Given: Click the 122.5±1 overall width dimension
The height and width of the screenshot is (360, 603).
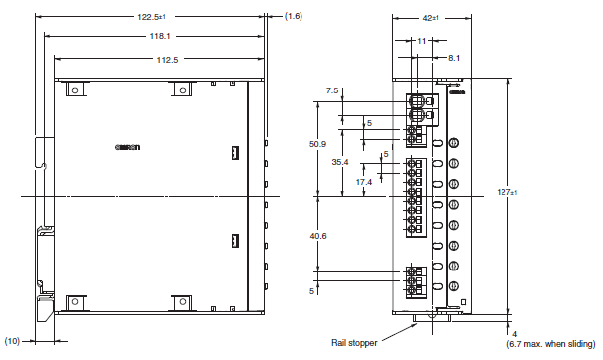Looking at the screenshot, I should click(154, 16).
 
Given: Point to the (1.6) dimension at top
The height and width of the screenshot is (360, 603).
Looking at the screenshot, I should click(295, 16).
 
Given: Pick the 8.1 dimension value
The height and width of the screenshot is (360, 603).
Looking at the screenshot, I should click(454, 59).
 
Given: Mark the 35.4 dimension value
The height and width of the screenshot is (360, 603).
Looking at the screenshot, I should click(339, 162).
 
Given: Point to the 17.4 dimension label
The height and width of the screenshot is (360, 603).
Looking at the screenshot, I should click(363, 182).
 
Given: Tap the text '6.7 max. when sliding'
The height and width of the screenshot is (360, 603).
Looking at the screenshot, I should click(553, 344).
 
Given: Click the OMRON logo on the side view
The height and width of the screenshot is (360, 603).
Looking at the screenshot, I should click(130, 148).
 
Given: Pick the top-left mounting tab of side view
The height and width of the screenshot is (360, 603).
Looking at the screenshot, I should click(73, 90).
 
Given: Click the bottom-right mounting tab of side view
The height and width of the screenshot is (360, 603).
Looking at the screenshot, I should click(181, 301).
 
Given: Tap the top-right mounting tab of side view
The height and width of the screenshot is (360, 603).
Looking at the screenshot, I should click(181, 90).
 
